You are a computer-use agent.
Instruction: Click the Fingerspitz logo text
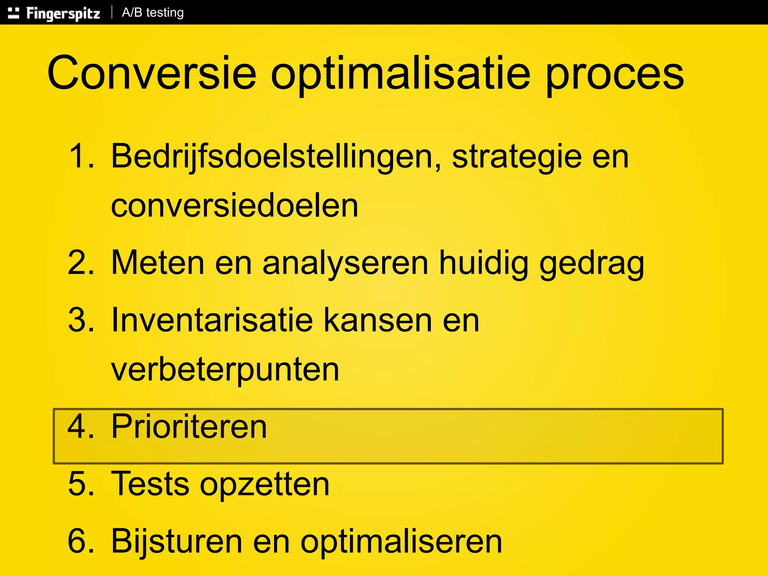pos(63,13)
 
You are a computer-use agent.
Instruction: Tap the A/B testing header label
pos(153,13)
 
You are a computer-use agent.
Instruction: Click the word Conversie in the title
pos(152,73)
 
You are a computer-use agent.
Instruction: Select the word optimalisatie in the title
pos(400,74)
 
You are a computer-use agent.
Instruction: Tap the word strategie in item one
pos(517,157)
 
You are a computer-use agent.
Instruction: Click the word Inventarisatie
pos(212,320)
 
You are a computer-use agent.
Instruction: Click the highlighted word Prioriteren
pos(189,426)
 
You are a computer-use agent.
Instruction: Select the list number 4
pos(80,426)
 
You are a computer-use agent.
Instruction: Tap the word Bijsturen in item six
pos(177,541)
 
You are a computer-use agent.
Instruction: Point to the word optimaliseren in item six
pos(401,541)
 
